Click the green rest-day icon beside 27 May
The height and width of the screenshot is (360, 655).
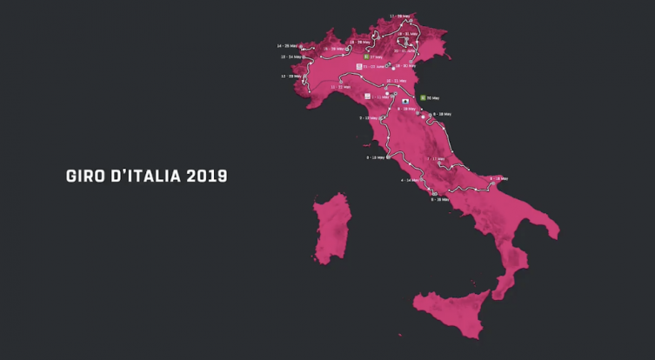(367, 57)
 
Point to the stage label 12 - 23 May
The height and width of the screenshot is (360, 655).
(290, 77)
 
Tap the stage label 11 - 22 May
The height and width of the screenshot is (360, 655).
(340, 87)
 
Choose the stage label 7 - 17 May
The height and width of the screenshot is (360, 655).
(436, 159)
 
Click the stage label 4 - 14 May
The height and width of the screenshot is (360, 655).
(410, 180)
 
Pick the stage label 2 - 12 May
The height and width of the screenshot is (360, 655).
(372, 117)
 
